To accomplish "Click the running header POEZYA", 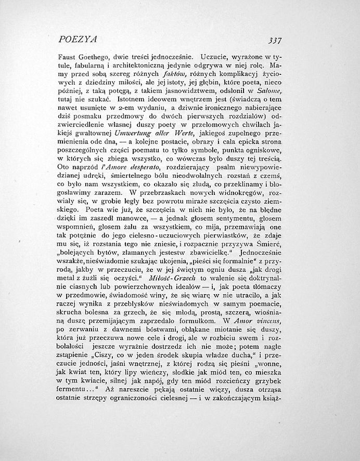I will pyautogui.click(x=79, y=39).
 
